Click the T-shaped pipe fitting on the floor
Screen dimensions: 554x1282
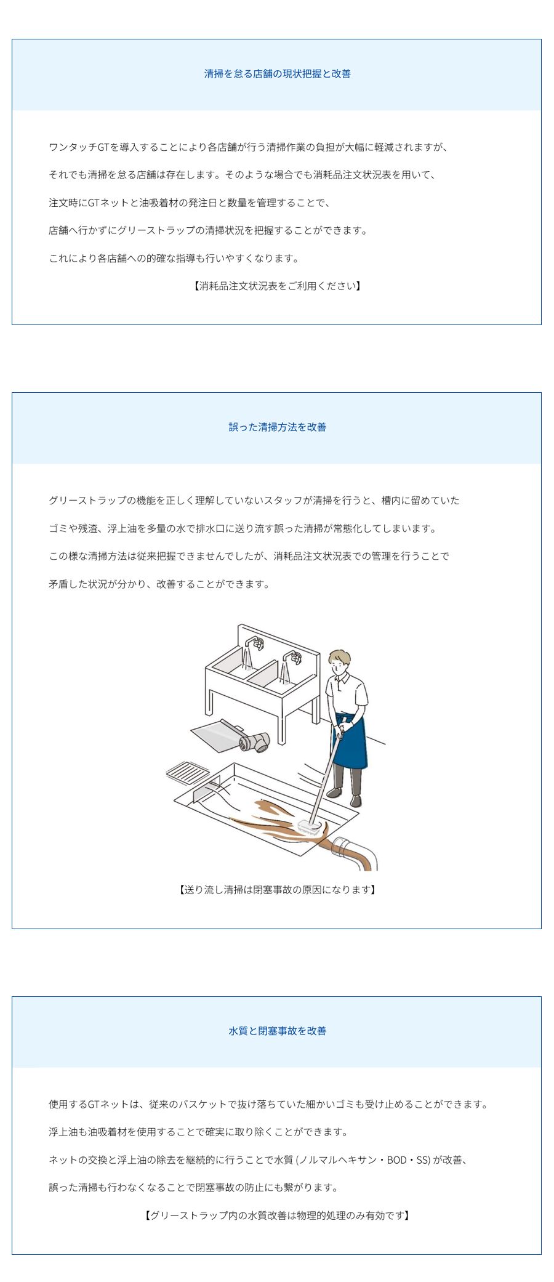click(x=255, y=741)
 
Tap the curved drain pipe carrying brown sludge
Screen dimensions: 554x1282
click(x=355, y=853)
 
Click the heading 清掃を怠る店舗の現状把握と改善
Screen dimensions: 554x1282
click(x=278, y=74)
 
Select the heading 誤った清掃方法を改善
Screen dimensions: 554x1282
click(x=278, y=427)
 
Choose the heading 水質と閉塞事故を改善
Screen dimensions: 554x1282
click(x=278, y=1031)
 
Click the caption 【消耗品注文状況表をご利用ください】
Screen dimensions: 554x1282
click(x=277, y=286)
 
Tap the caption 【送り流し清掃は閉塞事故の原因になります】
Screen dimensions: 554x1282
click(x=277, y=890)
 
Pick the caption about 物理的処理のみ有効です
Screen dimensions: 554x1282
click(x=277, y=1215)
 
